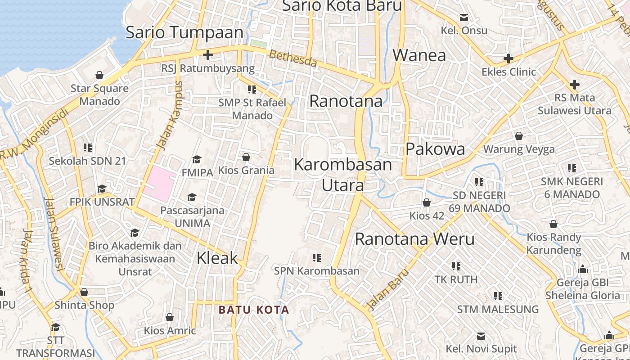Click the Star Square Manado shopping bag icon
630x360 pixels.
coord(99,75)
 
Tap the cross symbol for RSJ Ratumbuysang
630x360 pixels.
coord(207,55)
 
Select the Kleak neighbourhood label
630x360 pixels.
coord(217,258)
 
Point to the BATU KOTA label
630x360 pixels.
coord(254,310)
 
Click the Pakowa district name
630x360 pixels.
coord(435,149)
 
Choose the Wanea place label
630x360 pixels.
coord(419,55)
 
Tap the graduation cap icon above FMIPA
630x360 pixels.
coord(197,159)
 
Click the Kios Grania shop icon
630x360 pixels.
coord(246,157)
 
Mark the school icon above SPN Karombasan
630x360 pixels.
coord(317,258)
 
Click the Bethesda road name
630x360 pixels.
coord(293,58)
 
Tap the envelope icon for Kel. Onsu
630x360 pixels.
coord(463,18)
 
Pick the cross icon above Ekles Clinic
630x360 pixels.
coord(508,58)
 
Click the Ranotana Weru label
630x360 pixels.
coord(414,239)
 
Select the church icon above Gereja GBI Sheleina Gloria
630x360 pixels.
coord(583,270)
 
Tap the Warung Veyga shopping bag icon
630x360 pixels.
coord(519,135)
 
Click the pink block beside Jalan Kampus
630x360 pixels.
coord(159,184)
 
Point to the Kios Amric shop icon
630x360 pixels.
coord(170,317)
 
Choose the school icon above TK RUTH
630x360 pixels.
coord(456,266)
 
